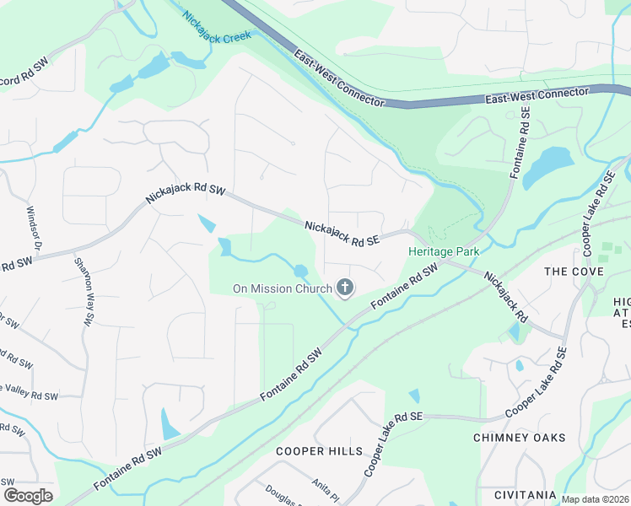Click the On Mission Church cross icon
click(344, 289)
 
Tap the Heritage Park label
click(444, 251)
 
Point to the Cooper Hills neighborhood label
click(319, 451)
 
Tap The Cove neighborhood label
click(574, 272)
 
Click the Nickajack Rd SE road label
click(341, 234)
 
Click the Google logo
click(27, 496)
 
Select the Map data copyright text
click(596, 499)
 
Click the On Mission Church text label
click(282, 289)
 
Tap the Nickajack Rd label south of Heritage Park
click(506, 298)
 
